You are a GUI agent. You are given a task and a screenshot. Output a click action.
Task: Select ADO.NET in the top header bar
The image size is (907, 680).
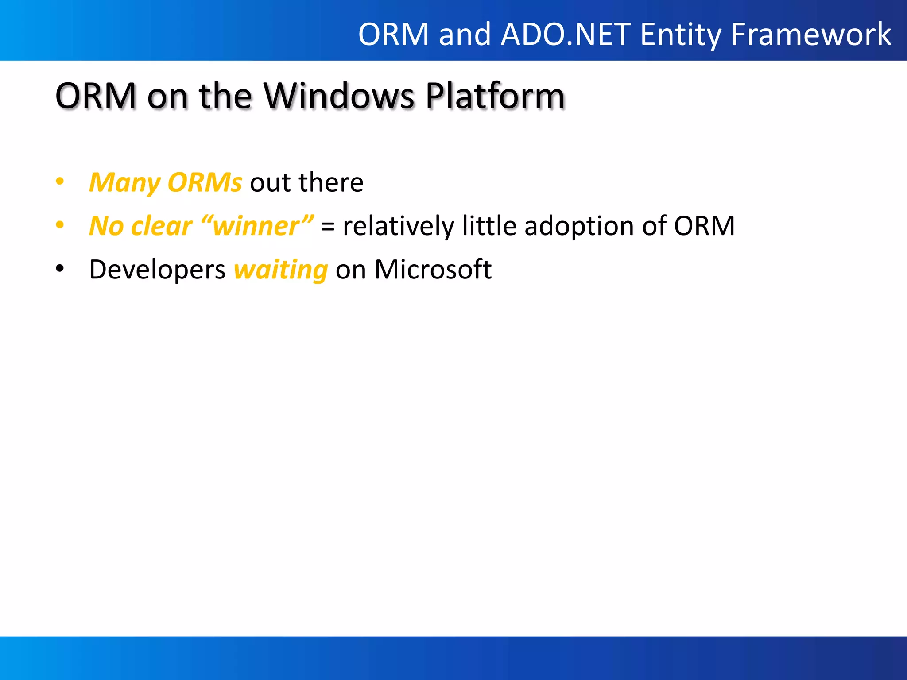pos(566,35)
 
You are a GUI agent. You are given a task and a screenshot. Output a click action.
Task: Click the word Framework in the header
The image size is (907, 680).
pos(811,35)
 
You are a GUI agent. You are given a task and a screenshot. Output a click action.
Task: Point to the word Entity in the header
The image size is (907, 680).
pos(681,35)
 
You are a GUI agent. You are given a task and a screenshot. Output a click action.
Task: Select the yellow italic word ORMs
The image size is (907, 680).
pos(205,182)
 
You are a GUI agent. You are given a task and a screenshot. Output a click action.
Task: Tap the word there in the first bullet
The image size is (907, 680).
pos(331,182)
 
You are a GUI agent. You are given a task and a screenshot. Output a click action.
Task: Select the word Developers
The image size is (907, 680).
pos(157,270)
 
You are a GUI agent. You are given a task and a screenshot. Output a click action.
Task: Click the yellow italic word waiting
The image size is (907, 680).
pos(281,270)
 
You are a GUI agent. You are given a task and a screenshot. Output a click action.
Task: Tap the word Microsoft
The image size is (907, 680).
pos(433,270)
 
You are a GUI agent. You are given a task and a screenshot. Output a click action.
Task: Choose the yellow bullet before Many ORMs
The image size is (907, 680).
pos(60,181)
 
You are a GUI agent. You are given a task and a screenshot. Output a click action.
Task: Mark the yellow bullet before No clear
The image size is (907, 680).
pos(60,225)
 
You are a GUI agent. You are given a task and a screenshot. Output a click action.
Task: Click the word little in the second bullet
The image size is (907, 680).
pos(489,226)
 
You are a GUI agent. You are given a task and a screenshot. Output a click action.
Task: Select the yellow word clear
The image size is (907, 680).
pos(162,226)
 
